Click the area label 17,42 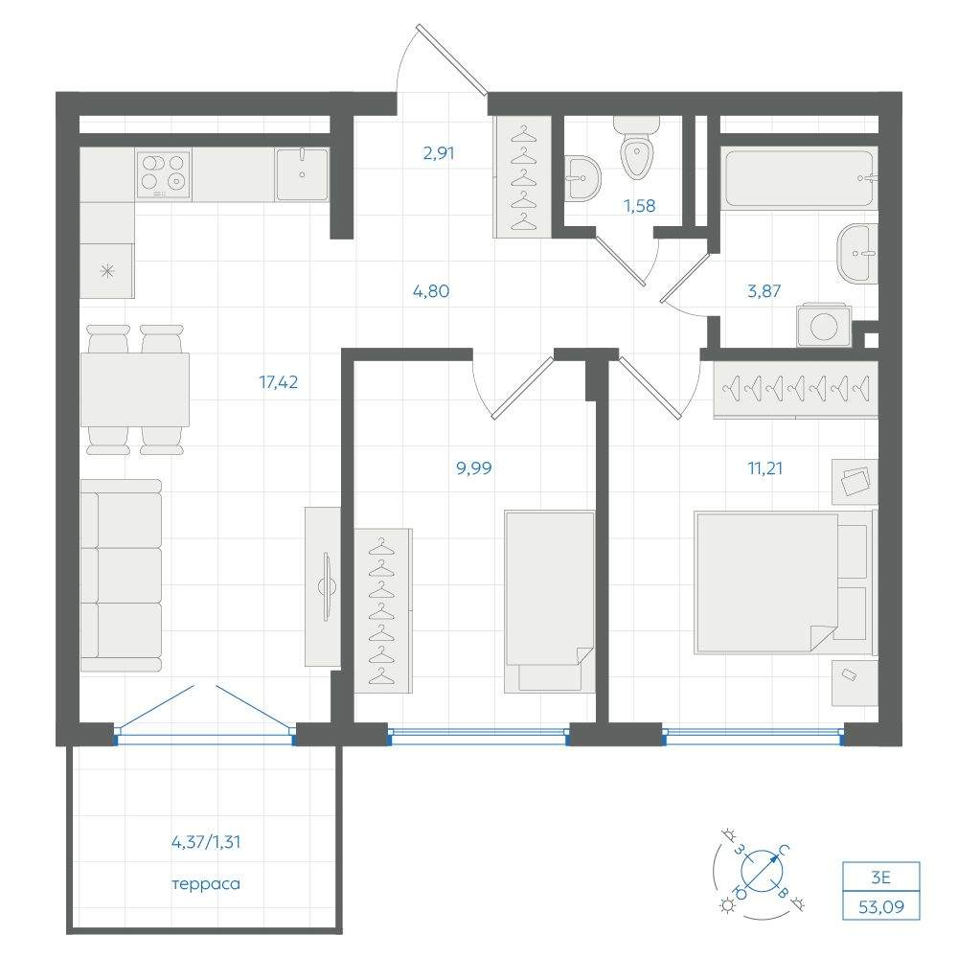(278, 382)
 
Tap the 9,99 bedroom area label (473, 468)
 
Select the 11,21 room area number (764, 468)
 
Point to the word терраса (206, 884)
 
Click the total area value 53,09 (881, 906)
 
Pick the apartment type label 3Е (880, 878)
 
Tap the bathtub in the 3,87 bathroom (799, 178)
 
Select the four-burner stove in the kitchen (163, 174)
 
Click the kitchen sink (302, 174)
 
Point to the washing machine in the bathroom (824, 325)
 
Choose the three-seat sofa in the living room (121, 576)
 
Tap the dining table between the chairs (134, 390)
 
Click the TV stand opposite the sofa (323, 586)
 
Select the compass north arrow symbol (763, 870)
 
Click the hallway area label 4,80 (431, 291)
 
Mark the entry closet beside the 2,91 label (522, 176)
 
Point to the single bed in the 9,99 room (549, 602)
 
